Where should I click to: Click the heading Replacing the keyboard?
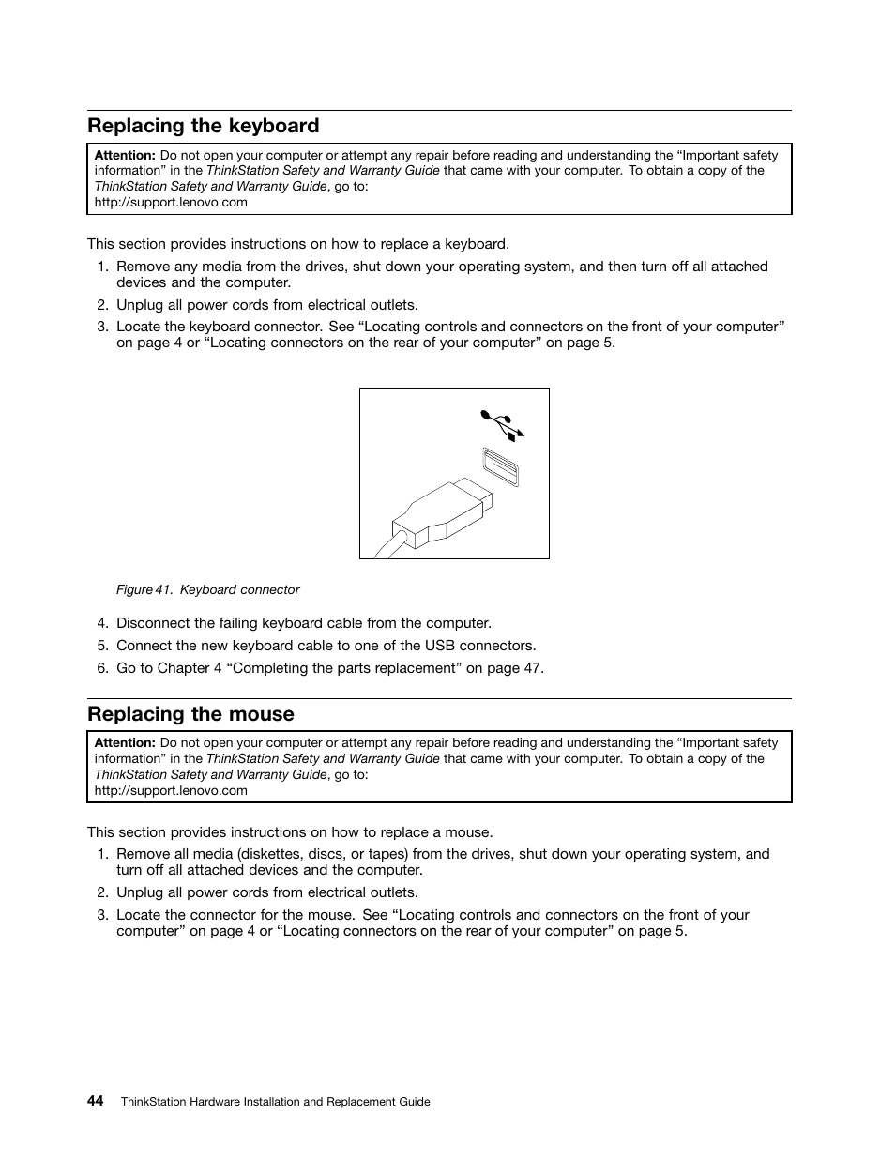[203, 126]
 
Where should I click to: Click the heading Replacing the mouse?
[190, 714]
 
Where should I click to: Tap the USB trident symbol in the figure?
[502, 424]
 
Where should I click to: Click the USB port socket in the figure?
[501, 466]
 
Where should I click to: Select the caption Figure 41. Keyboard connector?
[207, 590]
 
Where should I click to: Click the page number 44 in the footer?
[96, 1101]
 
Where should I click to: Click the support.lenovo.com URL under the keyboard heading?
[171, 202]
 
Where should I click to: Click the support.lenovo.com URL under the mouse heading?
[171, 790]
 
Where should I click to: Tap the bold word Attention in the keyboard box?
[124, 155]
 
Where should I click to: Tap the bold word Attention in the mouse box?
[124, 742]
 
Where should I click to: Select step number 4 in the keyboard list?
[102, 623]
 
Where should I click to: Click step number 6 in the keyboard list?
[102, 668]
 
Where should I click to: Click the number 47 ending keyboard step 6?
[532, 668]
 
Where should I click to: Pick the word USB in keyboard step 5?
[439, 646]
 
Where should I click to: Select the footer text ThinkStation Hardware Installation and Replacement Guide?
[275, 1102]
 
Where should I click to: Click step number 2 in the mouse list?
[102, 892]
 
